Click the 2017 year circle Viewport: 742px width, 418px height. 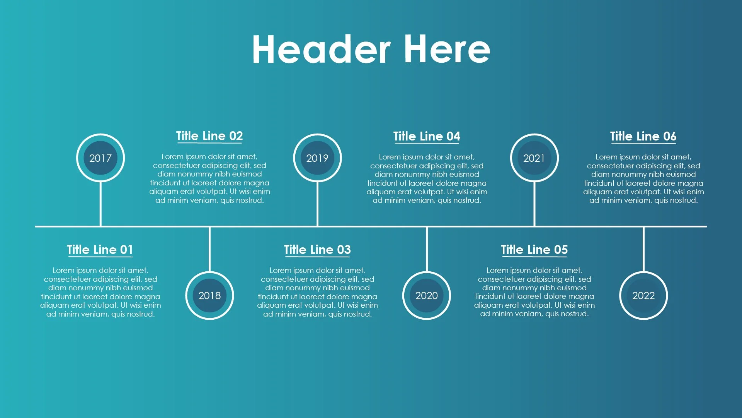(x=100, y=158)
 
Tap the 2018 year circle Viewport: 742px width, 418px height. (x=209, y=296)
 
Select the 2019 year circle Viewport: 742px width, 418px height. (x=317, y=158)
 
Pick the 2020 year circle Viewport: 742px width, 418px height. (x=427, y=296)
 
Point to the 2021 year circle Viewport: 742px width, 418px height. (x=534, y=158)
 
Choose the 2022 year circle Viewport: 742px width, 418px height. (x=643, y=296)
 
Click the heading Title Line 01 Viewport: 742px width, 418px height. (x=100, y=250)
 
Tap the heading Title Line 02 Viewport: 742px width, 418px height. (x=209, y=136)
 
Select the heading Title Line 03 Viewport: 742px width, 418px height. (x=317, y=250)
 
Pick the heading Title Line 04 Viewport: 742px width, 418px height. (x=427, y=136)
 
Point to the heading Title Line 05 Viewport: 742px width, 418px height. (x=534, y=250)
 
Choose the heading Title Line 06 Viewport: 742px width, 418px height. (x=643, y=136)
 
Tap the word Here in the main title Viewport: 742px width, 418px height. (x=448, y=49)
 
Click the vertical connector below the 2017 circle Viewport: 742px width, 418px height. (x=100, y=204)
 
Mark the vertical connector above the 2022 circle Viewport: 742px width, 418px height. (x=643, y=249)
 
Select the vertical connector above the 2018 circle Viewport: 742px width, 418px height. (x=209, y=249)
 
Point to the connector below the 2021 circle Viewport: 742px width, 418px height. (x=534, y=204)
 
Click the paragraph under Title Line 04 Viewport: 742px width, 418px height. (x=427, y=178)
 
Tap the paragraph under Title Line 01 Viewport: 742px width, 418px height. (x=100, y=292)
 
